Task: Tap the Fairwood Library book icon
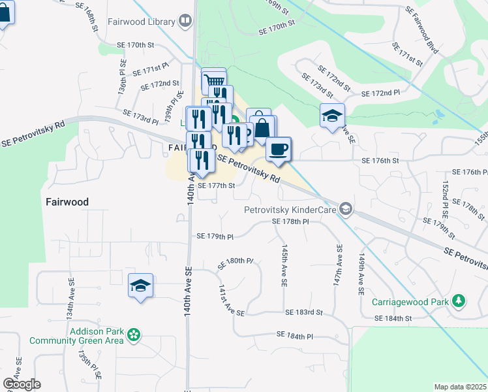tap(186, 22)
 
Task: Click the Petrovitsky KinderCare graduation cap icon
tap(346, 210)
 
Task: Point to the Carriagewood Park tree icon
tap(460, 301)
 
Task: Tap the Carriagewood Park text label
tap(411, 302)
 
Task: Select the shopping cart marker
tap(213, 80)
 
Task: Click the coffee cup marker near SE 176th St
tap(279, 149)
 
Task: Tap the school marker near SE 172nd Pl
tap(333, 115)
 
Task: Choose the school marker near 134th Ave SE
tap(140, 286)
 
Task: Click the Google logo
tap(22, 384)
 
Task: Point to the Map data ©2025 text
tap(460, 387)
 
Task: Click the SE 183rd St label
tap(303, 313)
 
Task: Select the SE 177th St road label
tap(216, 185)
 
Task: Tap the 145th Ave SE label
tap(284, 267)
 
